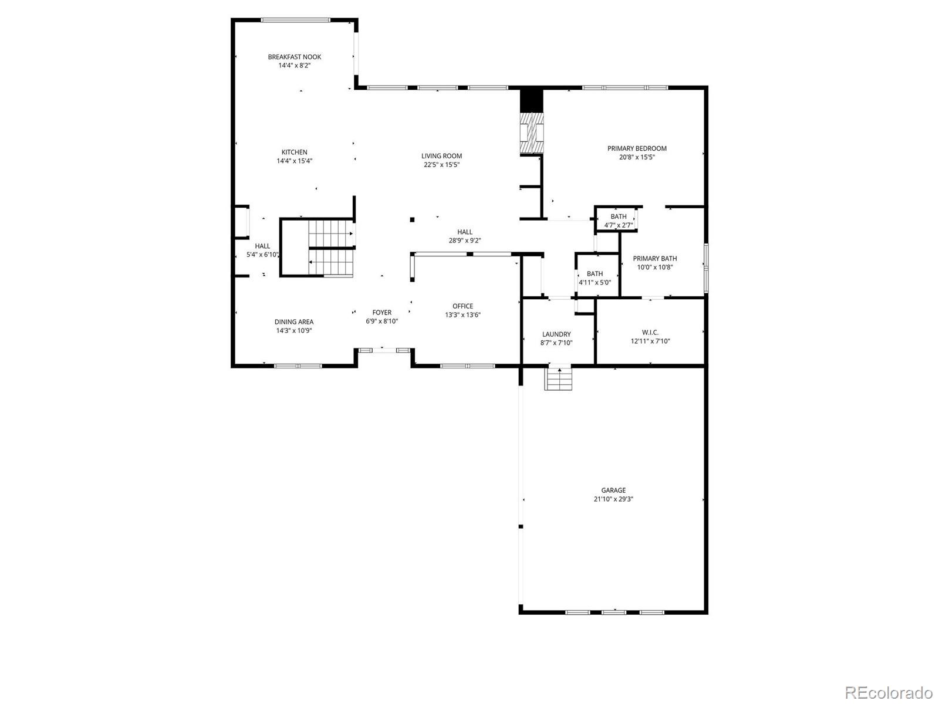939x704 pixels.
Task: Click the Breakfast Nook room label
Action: pos(294,57)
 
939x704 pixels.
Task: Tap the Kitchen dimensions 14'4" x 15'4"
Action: pos(294,161)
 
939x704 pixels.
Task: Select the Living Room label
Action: pos(441,156)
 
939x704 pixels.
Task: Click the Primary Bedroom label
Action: pos(637,148)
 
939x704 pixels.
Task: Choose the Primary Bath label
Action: pos(654,259)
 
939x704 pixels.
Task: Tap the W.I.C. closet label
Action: pos(650,332)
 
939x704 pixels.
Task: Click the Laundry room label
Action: pos(556,334)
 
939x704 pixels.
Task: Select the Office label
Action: pos(462,306)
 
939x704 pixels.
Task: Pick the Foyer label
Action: pos(381,313)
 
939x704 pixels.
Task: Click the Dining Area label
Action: pos(293,321)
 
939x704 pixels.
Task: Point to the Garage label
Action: pos(613,490)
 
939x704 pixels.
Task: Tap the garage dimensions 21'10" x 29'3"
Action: pos(613,499)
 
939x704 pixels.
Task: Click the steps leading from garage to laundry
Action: pos(558,379)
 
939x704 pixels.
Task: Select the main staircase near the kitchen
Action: pos(331,247)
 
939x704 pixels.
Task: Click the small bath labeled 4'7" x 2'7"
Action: pos(618,221)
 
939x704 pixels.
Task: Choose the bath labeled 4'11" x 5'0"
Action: pos(595,277)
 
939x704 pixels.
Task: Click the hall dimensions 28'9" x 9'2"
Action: pos(465,241)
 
